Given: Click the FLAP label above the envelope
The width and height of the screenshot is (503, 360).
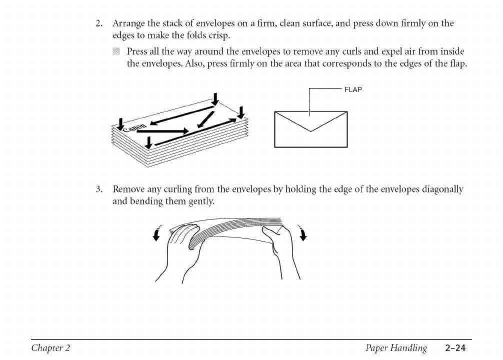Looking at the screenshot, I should coord(352,90).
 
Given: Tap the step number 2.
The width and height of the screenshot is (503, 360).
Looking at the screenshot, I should coord(99,23).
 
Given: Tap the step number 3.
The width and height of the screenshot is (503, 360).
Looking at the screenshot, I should coord(99,189).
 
